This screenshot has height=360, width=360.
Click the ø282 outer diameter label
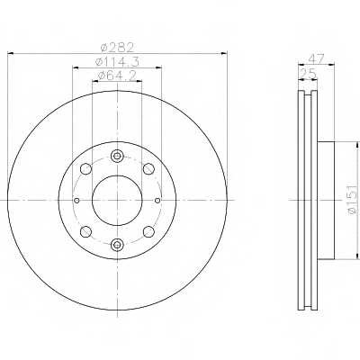[117, 48]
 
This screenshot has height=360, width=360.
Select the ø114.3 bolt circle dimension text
[117, 62]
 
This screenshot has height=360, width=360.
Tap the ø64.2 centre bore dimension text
[117, 76]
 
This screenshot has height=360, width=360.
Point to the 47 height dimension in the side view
[316, 58]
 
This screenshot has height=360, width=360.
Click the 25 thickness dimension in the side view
[308, 74]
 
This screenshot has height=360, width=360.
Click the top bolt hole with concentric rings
[117, 156]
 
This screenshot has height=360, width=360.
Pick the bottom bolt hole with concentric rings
[117, 244]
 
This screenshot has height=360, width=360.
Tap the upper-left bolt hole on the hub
[85, 168]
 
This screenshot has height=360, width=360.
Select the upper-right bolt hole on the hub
[148, 168]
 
